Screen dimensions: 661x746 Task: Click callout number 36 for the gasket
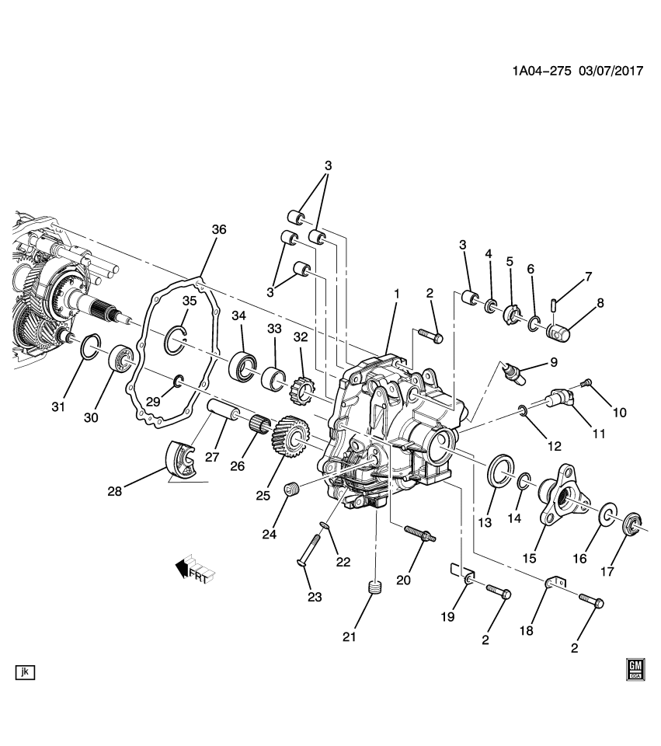point(218,229)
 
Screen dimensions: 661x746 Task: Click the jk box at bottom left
point(26,671)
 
